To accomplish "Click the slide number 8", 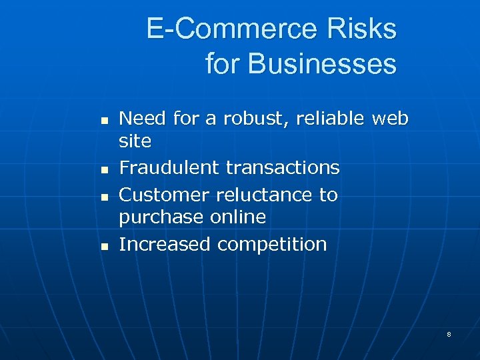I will pos(449,334).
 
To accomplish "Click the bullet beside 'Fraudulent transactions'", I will pos(103,171).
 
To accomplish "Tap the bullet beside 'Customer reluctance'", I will pos(103,198).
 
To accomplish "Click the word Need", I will pos(143,119).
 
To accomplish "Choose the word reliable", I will pos(331,119).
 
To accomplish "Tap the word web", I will pos(390,119).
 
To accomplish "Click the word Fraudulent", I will pos(169,167).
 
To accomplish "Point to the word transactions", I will pos(283,167).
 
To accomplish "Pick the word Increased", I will pos(164,244).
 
